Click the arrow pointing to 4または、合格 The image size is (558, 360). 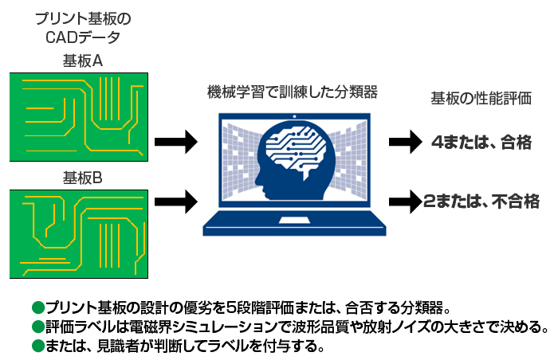click(403, 143)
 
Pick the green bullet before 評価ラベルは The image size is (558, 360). click(36, 327)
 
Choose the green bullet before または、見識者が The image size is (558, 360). click(36, 346)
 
